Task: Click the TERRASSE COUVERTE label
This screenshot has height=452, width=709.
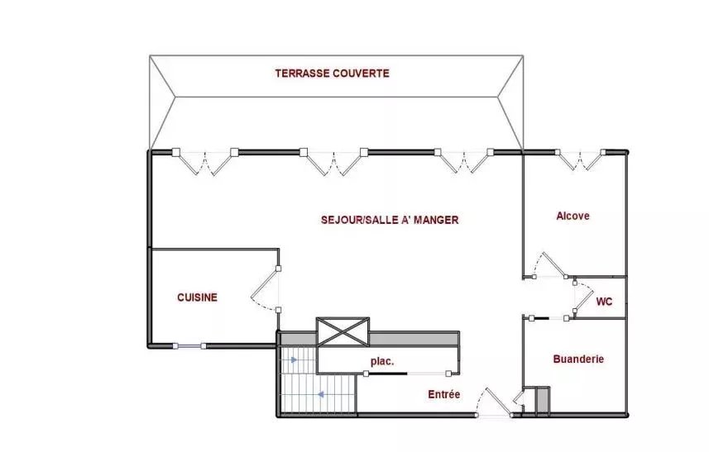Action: pyautogui.click(x=333, y=74)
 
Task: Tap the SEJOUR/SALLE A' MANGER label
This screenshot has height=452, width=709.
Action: pyautogui.click(x=390, y=220)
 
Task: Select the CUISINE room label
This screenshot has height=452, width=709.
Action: pyautogui.click(x=197, y=297)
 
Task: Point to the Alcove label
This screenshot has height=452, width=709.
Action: pyautogui.click(x=572, y=216)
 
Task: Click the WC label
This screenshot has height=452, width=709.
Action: pyautogui.click(x=604, y=301)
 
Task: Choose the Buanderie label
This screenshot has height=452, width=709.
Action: pyautogui.click(x=578, y=359)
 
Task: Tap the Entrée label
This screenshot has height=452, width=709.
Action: pyautogui.click(x=444, y=394)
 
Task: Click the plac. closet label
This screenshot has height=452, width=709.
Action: pyautogui.click(x=382, y=361)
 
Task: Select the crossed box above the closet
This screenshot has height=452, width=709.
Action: pyautogui.click(x=343, y=332)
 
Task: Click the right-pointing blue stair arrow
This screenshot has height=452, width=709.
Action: pyautogui.click(x=294, y=360)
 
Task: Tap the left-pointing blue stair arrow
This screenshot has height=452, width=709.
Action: pyautogui.click(x=321, y=395)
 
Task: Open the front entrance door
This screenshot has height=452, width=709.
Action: pyautogui.click(x=494, y=402)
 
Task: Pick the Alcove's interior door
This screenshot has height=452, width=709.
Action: pyautogui.click(x=550, y=264)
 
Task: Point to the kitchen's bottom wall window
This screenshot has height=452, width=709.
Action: pyautogui.click(x=189, y=346)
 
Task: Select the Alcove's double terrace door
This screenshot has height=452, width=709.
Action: pyautogui.click(x=580, y=160)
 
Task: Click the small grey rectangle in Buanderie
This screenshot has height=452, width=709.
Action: pyautogui.click(x=543, y=400)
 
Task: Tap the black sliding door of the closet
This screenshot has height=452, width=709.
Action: pyautogui.click(x=386, y=373)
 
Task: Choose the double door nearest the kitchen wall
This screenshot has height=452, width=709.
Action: pyautogui.click(x=205, y=163)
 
